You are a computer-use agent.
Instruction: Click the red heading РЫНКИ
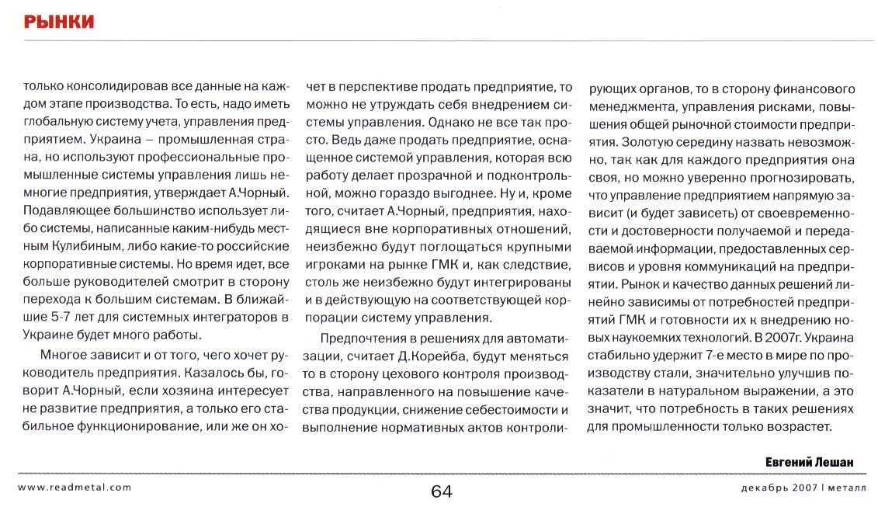coord(59,21)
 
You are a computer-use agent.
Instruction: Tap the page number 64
coord(440,491)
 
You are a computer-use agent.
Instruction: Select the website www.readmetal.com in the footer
coord(74,488)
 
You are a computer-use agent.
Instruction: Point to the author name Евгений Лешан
coord(809,462)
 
